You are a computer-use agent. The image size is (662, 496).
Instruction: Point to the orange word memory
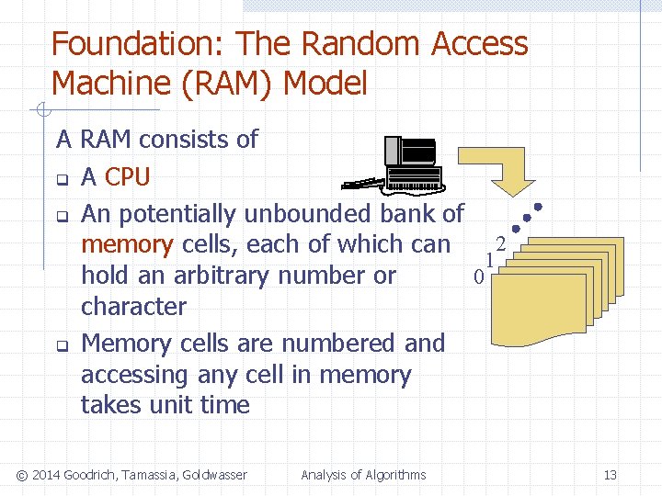tap(126, 244)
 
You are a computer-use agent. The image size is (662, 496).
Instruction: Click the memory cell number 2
tap(500, 244)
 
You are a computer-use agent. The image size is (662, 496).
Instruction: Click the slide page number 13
tap(610, 475)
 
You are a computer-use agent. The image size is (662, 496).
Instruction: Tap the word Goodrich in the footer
tap(88, 475)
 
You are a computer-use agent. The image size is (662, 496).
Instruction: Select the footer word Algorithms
tap(395, 475)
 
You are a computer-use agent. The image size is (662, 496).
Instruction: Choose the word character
tap(133, 306)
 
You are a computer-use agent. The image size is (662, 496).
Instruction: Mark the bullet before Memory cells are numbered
tap(62, 346)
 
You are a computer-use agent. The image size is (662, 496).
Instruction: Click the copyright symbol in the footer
tap(24, 475)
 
